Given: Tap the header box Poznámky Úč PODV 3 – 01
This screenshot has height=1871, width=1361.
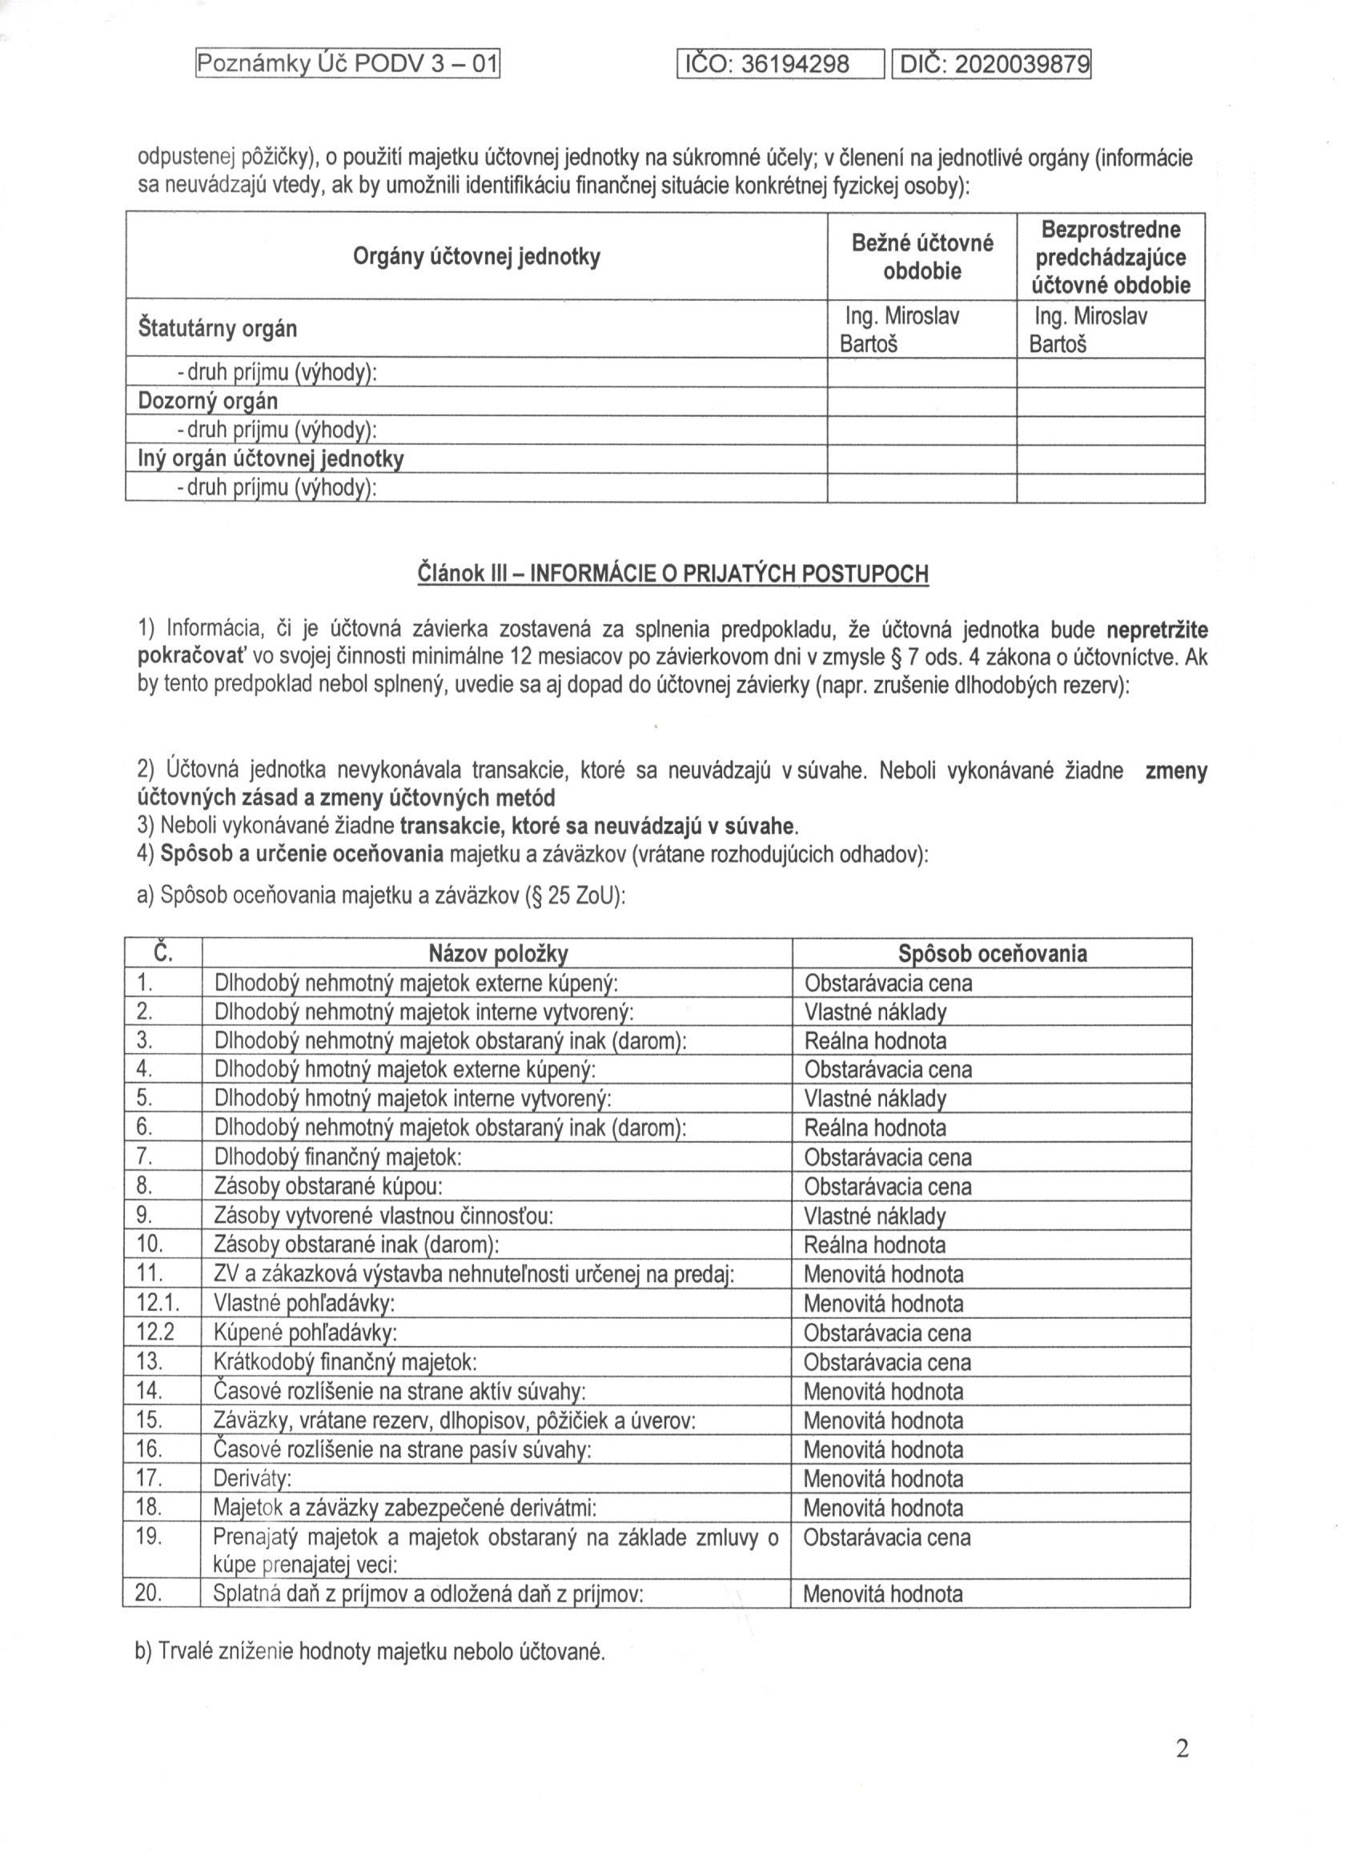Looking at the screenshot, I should point(347,63).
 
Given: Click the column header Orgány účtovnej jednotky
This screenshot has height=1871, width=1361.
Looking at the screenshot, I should point(476,257).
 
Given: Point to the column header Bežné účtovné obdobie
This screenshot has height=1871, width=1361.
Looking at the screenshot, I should point(922,257).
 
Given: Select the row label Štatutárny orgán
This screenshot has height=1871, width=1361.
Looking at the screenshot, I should point(218,328).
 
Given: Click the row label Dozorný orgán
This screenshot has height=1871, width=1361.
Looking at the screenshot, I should point(208,402).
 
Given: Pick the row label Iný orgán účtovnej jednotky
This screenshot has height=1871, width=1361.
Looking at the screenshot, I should point(271,459).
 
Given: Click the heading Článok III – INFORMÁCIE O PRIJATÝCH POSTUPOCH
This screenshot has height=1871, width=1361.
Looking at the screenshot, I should point(673,573).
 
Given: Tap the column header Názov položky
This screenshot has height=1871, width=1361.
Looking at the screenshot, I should point(498,954).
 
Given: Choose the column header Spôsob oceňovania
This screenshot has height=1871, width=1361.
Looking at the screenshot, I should point(992,954).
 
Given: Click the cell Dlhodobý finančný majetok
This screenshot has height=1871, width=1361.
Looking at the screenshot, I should point(338,1157).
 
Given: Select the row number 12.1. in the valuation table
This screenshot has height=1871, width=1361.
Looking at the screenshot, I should point(157,1304).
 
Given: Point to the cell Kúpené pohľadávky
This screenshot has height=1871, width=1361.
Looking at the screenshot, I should point(305,1333).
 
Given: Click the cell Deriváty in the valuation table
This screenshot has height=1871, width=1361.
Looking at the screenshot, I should point(253,1479).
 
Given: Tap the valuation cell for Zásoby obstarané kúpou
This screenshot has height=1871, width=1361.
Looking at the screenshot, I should point(888,1187).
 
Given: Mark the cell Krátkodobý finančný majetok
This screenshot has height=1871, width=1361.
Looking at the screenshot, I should point(345,1363).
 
